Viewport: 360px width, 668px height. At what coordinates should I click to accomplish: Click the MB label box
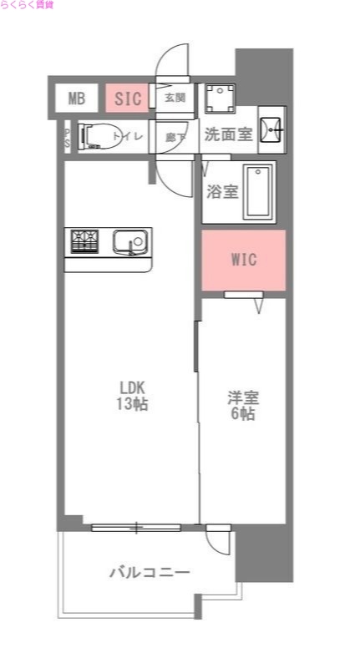pos(77,99)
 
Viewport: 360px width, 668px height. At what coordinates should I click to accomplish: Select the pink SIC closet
pos(128,99)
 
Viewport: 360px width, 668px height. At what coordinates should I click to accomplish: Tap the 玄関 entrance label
pos(175,98)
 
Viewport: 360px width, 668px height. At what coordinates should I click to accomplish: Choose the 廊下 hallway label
pos(175,136)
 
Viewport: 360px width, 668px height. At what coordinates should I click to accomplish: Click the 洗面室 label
pos(228,134)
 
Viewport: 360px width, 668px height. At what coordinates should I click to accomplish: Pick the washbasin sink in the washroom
pos(271,129)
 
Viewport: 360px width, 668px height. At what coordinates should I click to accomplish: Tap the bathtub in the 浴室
pos(259,192)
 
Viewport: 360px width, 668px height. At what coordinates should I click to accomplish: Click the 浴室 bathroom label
pos(222,190)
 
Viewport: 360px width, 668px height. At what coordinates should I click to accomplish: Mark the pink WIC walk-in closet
pos(244,260)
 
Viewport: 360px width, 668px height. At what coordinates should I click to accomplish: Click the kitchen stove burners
pos(84,241)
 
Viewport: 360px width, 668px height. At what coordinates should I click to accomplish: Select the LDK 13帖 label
pos(132,396)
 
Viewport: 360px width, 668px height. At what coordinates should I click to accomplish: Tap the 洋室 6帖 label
pos(242,405)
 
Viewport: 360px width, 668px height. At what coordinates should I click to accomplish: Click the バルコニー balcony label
pos(150,572)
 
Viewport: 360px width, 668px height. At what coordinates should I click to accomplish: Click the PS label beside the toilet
pos(67,137)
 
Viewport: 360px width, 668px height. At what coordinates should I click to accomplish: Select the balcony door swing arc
pos(215,543)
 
